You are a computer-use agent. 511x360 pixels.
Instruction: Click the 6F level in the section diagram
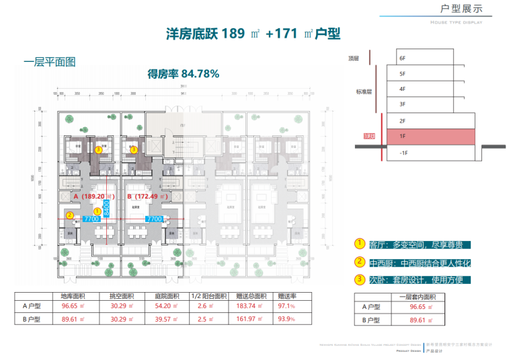(x=402, y=59)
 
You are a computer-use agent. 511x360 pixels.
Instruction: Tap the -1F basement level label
(x=403, y=153)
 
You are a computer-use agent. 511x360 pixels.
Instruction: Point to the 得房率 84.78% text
(x=183, y=74)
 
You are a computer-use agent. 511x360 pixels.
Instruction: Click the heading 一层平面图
(x=49, y=61)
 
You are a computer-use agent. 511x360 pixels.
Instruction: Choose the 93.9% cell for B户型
(x=286, y=319)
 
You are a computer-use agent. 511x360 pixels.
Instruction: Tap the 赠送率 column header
(x=287, y=295)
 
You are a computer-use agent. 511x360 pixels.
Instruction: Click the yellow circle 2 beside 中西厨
(x=360, y=261)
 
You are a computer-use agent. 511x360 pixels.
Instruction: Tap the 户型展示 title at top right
(x=461, y=9)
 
